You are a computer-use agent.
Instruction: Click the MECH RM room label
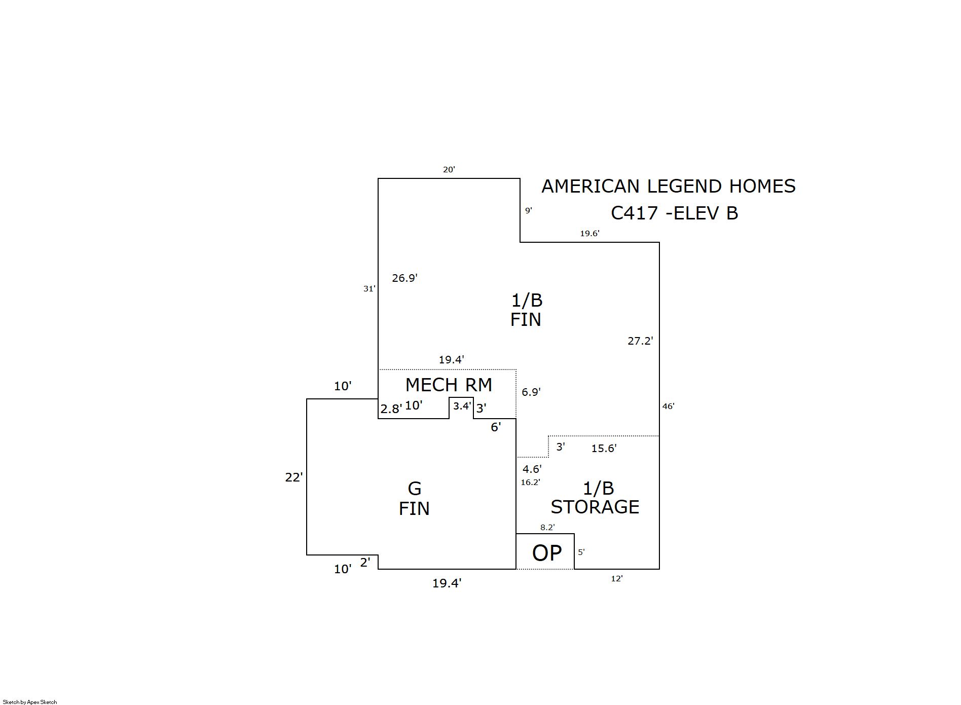point(449,385)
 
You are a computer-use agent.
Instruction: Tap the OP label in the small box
point(546,553)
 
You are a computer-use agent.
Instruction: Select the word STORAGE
point(595,507)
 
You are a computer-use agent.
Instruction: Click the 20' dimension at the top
point(449,170)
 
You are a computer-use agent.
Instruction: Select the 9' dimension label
point(528,210)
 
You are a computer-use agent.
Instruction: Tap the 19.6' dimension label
point(589,234)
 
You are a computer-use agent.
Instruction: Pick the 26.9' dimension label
point(404,278)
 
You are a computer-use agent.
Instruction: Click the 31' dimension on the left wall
point(369,289)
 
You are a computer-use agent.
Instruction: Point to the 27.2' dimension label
point(640,341)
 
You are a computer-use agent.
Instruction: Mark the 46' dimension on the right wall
point(668,406)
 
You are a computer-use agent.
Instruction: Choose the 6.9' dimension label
point(531,392)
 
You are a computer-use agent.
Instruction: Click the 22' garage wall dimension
point(293,477)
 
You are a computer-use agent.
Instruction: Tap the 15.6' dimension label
point(604,449)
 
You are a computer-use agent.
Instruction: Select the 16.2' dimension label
point(530,483)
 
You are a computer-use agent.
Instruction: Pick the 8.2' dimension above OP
point(547,528)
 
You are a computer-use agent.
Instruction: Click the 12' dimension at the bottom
point(616,579)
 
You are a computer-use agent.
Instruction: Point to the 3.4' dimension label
point(462,406)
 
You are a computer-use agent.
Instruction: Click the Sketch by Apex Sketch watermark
point(30,702)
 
